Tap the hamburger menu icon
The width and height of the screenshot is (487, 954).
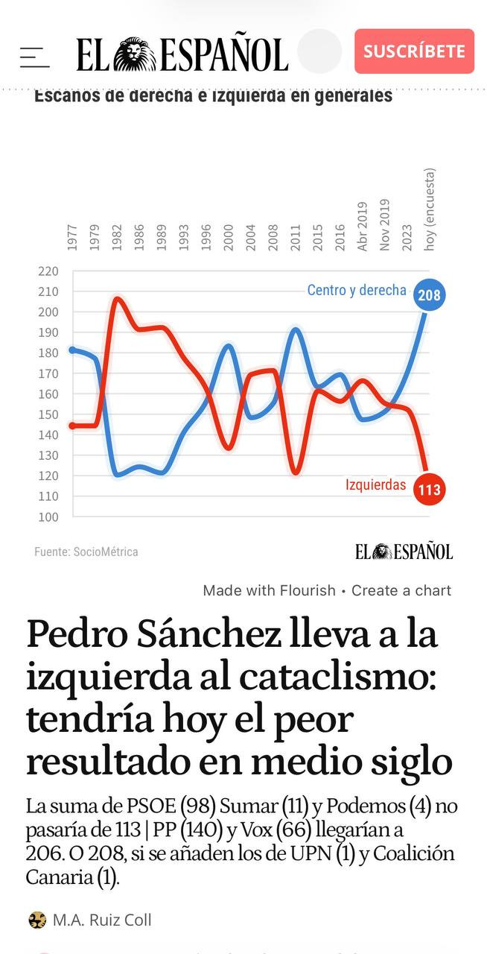(34, 57)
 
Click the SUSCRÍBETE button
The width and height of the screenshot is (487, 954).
(414, 51)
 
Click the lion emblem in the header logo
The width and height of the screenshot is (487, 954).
(135, 54)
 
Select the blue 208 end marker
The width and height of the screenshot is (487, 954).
(429, 295)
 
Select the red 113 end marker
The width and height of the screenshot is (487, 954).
(429, 490)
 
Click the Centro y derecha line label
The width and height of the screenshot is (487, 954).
(357, 290)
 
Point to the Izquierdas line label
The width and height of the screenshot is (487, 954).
(375, 485)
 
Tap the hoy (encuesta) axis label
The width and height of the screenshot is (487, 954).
(430, 209)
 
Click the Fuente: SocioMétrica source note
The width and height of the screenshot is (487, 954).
(86, 552)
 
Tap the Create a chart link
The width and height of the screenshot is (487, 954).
(401, 590)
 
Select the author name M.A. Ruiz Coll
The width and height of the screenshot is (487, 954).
(101, 920)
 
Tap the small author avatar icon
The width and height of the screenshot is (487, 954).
(37, 920)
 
